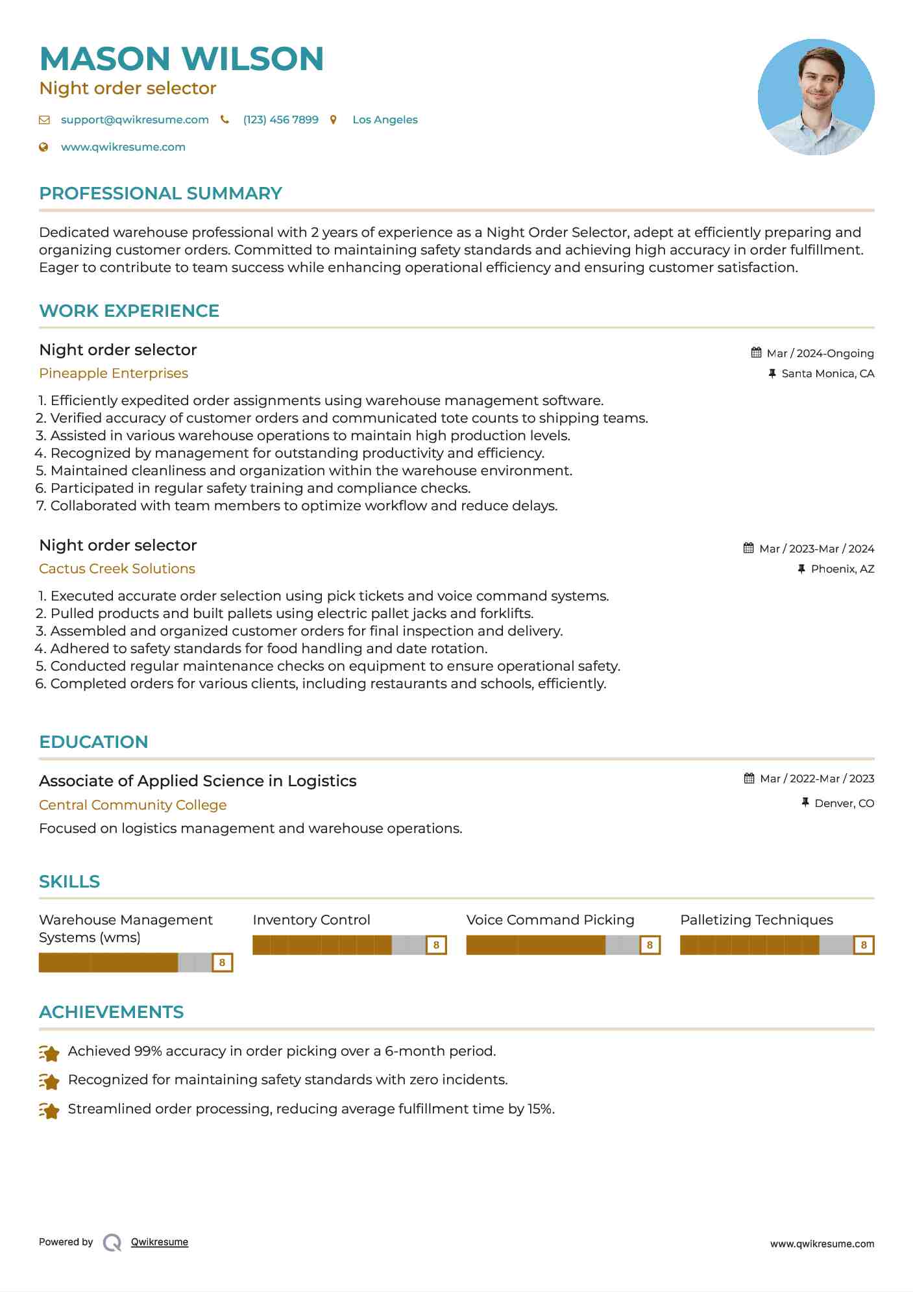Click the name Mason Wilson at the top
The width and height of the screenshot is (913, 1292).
click(x=181, y=58)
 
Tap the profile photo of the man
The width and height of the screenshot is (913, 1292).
click(x=816, y=97)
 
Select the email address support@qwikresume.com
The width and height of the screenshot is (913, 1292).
click(x=134, y=119)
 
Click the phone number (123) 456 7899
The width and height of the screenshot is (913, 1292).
click(x=280, y=119)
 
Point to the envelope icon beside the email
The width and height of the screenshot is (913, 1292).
click(x=44, y=119)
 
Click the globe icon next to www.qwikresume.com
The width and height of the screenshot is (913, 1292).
click(x=43, y=147)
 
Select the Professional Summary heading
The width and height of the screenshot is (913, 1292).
click(x=160, y=193)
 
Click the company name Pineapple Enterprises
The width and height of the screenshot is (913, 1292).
click(x=114, y=373)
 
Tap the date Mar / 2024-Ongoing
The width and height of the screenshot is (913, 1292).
click(x=820, y=353)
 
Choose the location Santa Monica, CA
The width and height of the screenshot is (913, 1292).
click(x=827, y=373)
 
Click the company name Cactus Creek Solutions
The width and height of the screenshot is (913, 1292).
click(x=117, y=569)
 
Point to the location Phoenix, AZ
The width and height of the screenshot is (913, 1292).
click(x=842, y=569)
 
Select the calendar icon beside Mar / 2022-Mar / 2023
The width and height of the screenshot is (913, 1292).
click(x=749, y=778)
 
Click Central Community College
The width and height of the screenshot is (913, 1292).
click(x=132, y=805)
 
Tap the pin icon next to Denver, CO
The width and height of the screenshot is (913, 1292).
click(x=805, y=803)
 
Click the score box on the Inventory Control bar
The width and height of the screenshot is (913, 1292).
click(x=436, y=945)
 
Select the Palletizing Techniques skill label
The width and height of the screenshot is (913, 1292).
click(x=756, y=920)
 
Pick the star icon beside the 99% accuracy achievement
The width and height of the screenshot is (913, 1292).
click(x=49, y=1052)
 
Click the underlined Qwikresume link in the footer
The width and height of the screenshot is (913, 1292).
click(x=160, y=1242)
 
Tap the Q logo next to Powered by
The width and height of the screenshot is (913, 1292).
click(x=112, y=1243)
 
